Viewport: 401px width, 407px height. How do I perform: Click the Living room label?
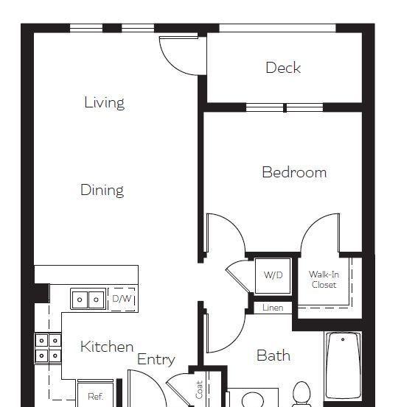[104, 102]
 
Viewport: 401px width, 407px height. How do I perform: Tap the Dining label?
[102, 191]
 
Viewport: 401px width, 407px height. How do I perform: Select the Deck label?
[283, 68]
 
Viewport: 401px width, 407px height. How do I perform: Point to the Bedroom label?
[294, 172]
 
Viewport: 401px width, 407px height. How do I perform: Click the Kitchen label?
[107, 346]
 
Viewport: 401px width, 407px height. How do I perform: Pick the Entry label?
[156, 360]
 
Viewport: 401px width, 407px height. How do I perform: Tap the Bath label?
[273, 355]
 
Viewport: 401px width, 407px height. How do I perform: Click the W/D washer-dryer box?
[273, 276]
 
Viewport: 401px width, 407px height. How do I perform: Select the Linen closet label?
[273, 308]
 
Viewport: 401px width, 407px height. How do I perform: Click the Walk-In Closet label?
[324, 280]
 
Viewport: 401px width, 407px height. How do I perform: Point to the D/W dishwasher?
[122, 299]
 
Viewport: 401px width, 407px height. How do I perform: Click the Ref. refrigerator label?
[95, 397]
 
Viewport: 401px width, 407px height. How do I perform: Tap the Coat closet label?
[199, 389]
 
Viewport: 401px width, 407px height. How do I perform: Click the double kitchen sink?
[88, 299]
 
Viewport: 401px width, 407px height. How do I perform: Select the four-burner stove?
[48, 348]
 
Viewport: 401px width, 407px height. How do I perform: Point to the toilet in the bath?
[301, 394]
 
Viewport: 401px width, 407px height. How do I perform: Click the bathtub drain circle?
[343, 339]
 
